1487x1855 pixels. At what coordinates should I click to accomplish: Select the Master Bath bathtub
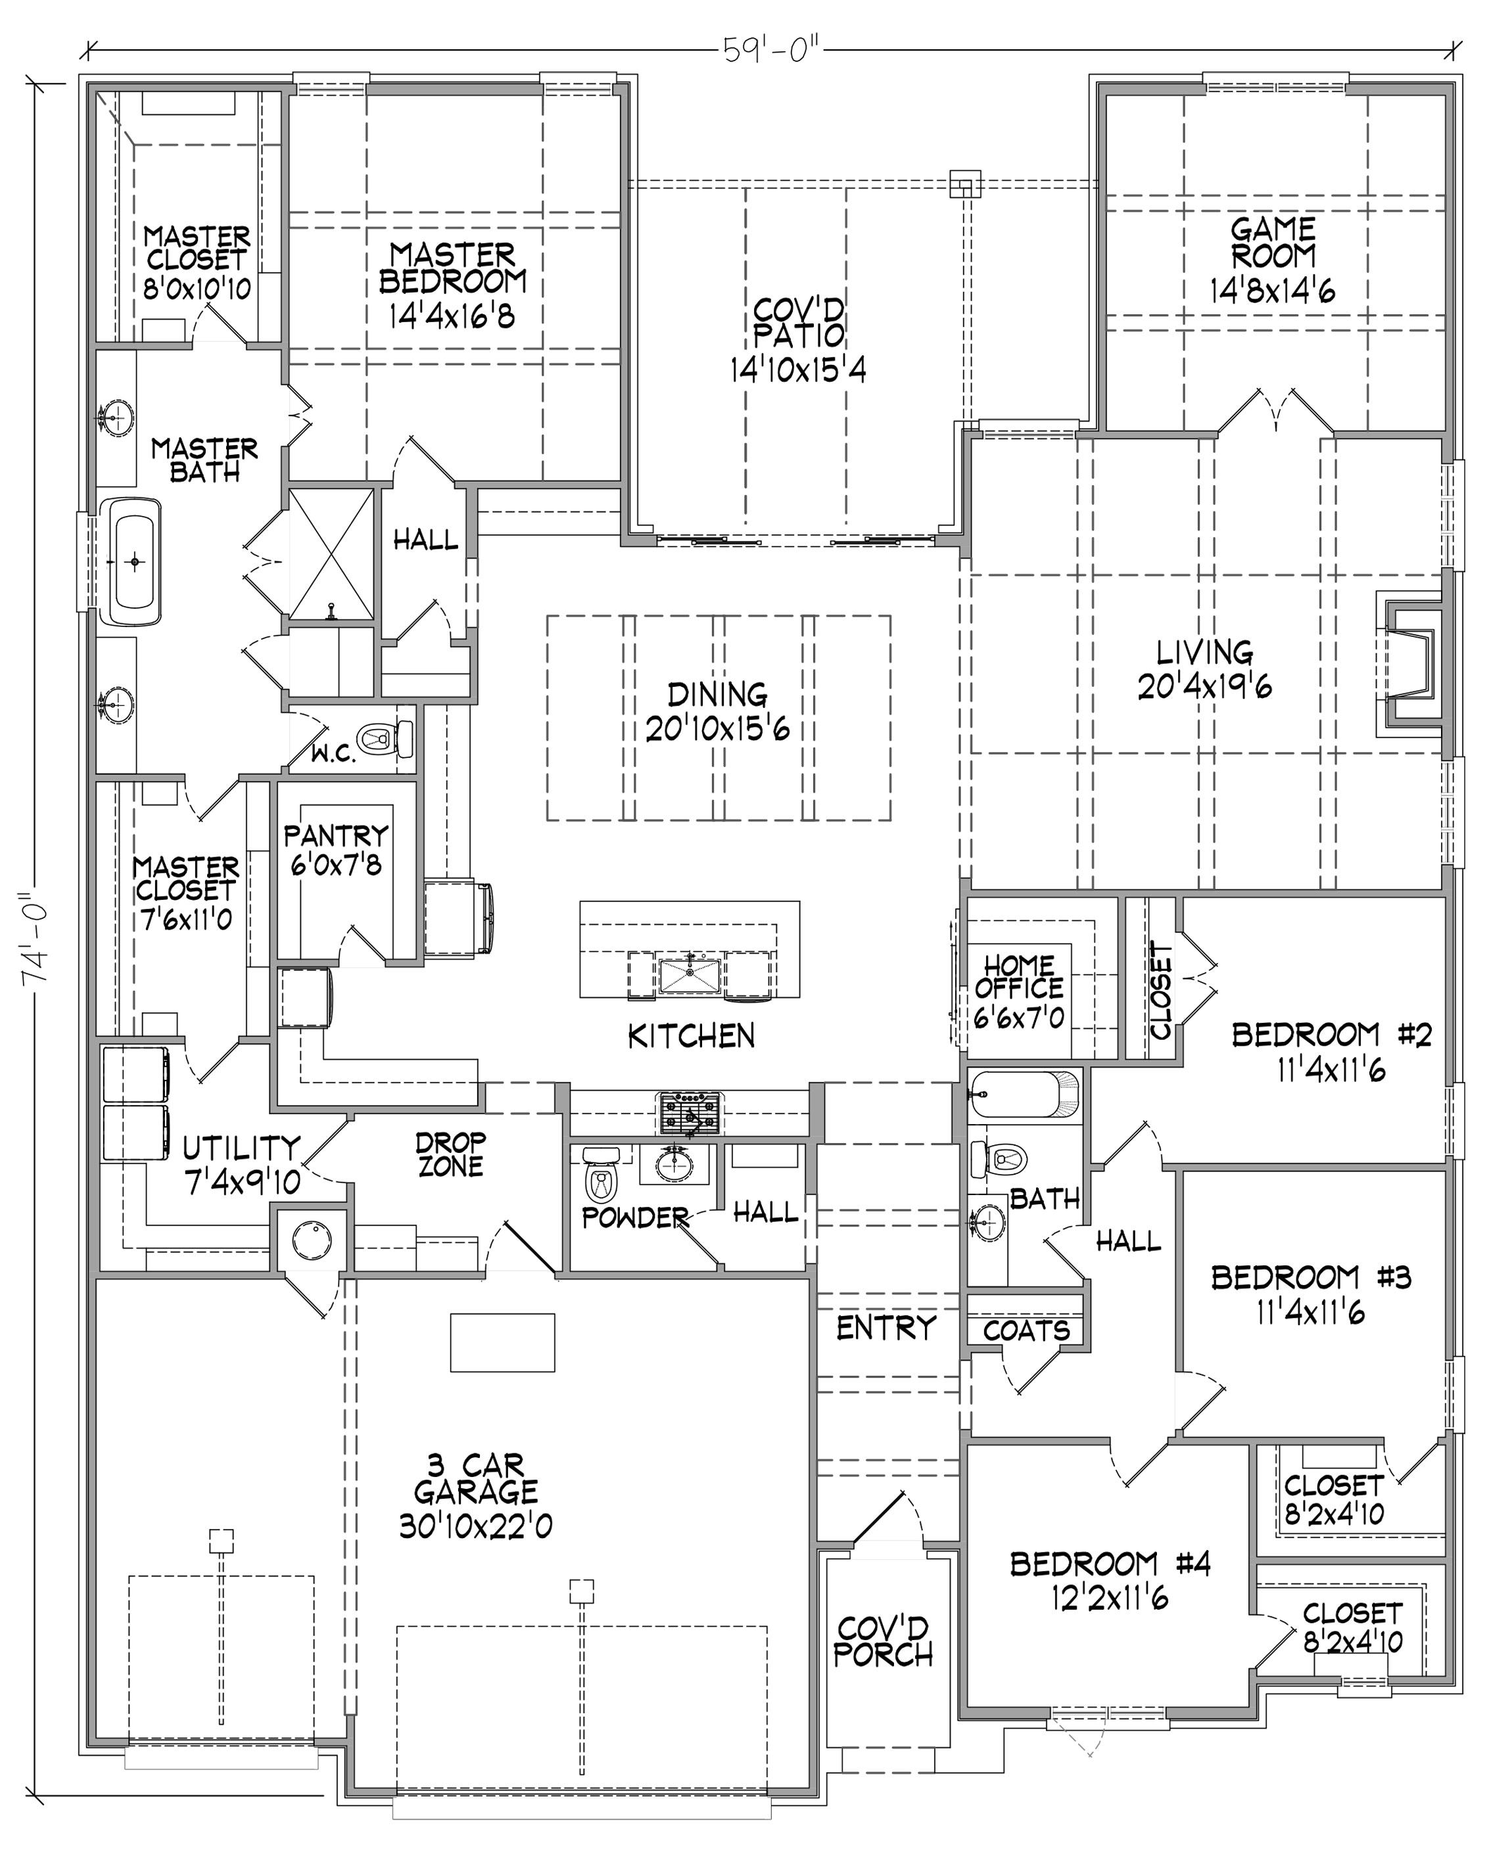pos(133,561)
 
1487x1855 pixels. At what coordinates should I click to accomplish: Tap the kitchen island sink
pos(690,975)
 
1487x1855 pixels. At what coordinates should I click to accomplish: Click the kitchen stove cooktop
pos(690,1114)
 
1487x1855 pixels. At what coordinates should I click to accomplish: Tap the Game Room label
pos(1273,243)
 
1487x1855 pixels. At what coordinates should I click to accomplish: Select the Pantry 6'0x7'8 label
pos(336,849)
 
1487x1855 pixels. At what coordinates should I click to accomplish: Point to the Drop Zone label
pos(450,1155)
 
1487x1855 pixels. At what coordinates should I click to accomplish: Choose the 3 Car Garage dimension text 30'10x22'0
pos(475,1526)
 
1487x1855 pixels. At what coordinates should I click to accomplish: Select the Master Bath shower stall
pos(331,554)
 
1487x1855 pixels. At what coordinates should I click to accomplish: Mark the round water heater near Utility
pos(312,1240)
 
